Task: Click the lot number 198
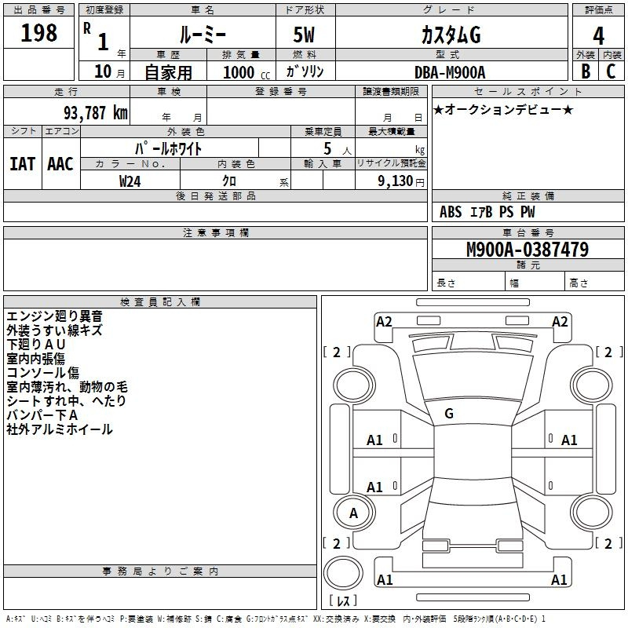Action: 38,32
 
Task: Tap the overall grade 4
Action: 598,36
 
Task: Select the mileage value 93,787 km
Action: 95,113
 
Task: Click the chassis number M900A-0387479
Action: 528,249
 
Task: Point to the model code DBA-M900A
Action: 450,72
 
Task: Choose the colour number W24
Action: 130,181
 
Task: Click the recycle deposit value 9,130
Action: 396,181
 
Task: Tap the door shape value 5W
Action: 304,35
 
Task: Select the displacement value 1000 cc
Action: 246,72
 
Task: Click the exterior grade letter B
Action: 586,71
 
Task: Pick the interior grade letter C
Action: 611,71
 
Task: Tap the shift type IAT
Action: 23,164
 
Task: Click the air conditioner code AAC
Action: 60,164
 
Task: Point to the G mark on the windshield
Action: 449,414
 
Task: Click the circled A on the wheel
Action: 353,513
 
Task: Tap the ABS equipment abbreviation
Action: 451,212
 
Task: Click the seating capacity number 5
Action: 327,148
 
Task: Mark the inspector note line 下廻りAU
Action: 36,345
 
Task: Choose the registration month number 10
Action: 103,71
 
